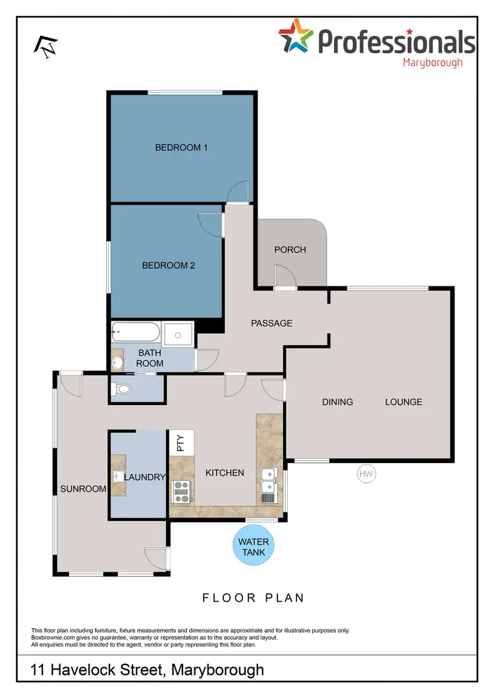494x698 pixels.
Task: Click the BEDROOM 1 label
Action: pyautogui.click(x=181, y=148)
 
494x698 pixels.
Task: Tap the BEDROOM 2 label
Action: pyautogui.click(x=169, y=266)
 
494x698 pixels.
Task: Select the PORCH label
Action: pyautogui.click(x=290, y=250)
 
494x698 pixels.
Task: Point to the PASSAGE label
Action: pyautogui.click(x=271, y=323)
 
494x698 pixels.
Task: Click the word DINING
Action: pyautogui.click(x=337, y=402)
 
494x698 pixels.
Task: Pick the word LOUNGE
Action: pyautogui.click(x=403, y=402)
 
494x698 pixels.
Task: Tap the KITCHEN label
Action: pyautogui.click(x=225, y=473)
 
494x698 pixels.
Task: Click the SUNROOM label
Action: pyautogui.click(x=83, y=489)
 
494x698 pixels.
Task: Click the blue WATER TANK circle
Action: pyautogui.click(x=254, y=547)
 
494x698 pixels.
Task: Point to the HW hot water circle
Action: pyautogui.click(x=366, y=473)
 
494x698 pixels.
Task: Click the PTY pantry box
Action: pyautogui.click(x=182, y=442)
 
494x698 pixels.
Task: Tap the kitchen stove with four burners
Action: pyautogui.click(x=180, y=492)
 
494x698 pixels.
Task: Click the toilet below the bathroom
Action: pyautogui.click(x=122, y=390)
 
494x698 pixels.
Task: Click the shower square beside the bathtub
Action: pyautogui.click(x=178, y=335)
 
